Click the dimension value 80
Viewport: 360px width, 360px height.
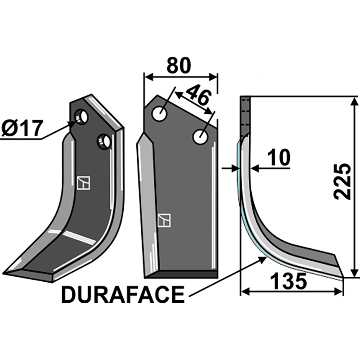coord(179,66)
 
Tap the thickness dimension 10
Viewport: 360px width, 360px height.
coord(279,158)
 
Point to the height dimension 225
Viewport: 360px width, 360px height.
coord(343,182)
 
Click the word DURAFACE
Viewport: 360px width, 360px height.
coord(122,295)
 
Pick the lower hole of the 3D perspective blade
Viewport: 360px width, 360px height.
coord(103,142)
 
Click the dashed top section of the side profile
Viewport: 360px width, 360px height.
coord(244,115)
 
